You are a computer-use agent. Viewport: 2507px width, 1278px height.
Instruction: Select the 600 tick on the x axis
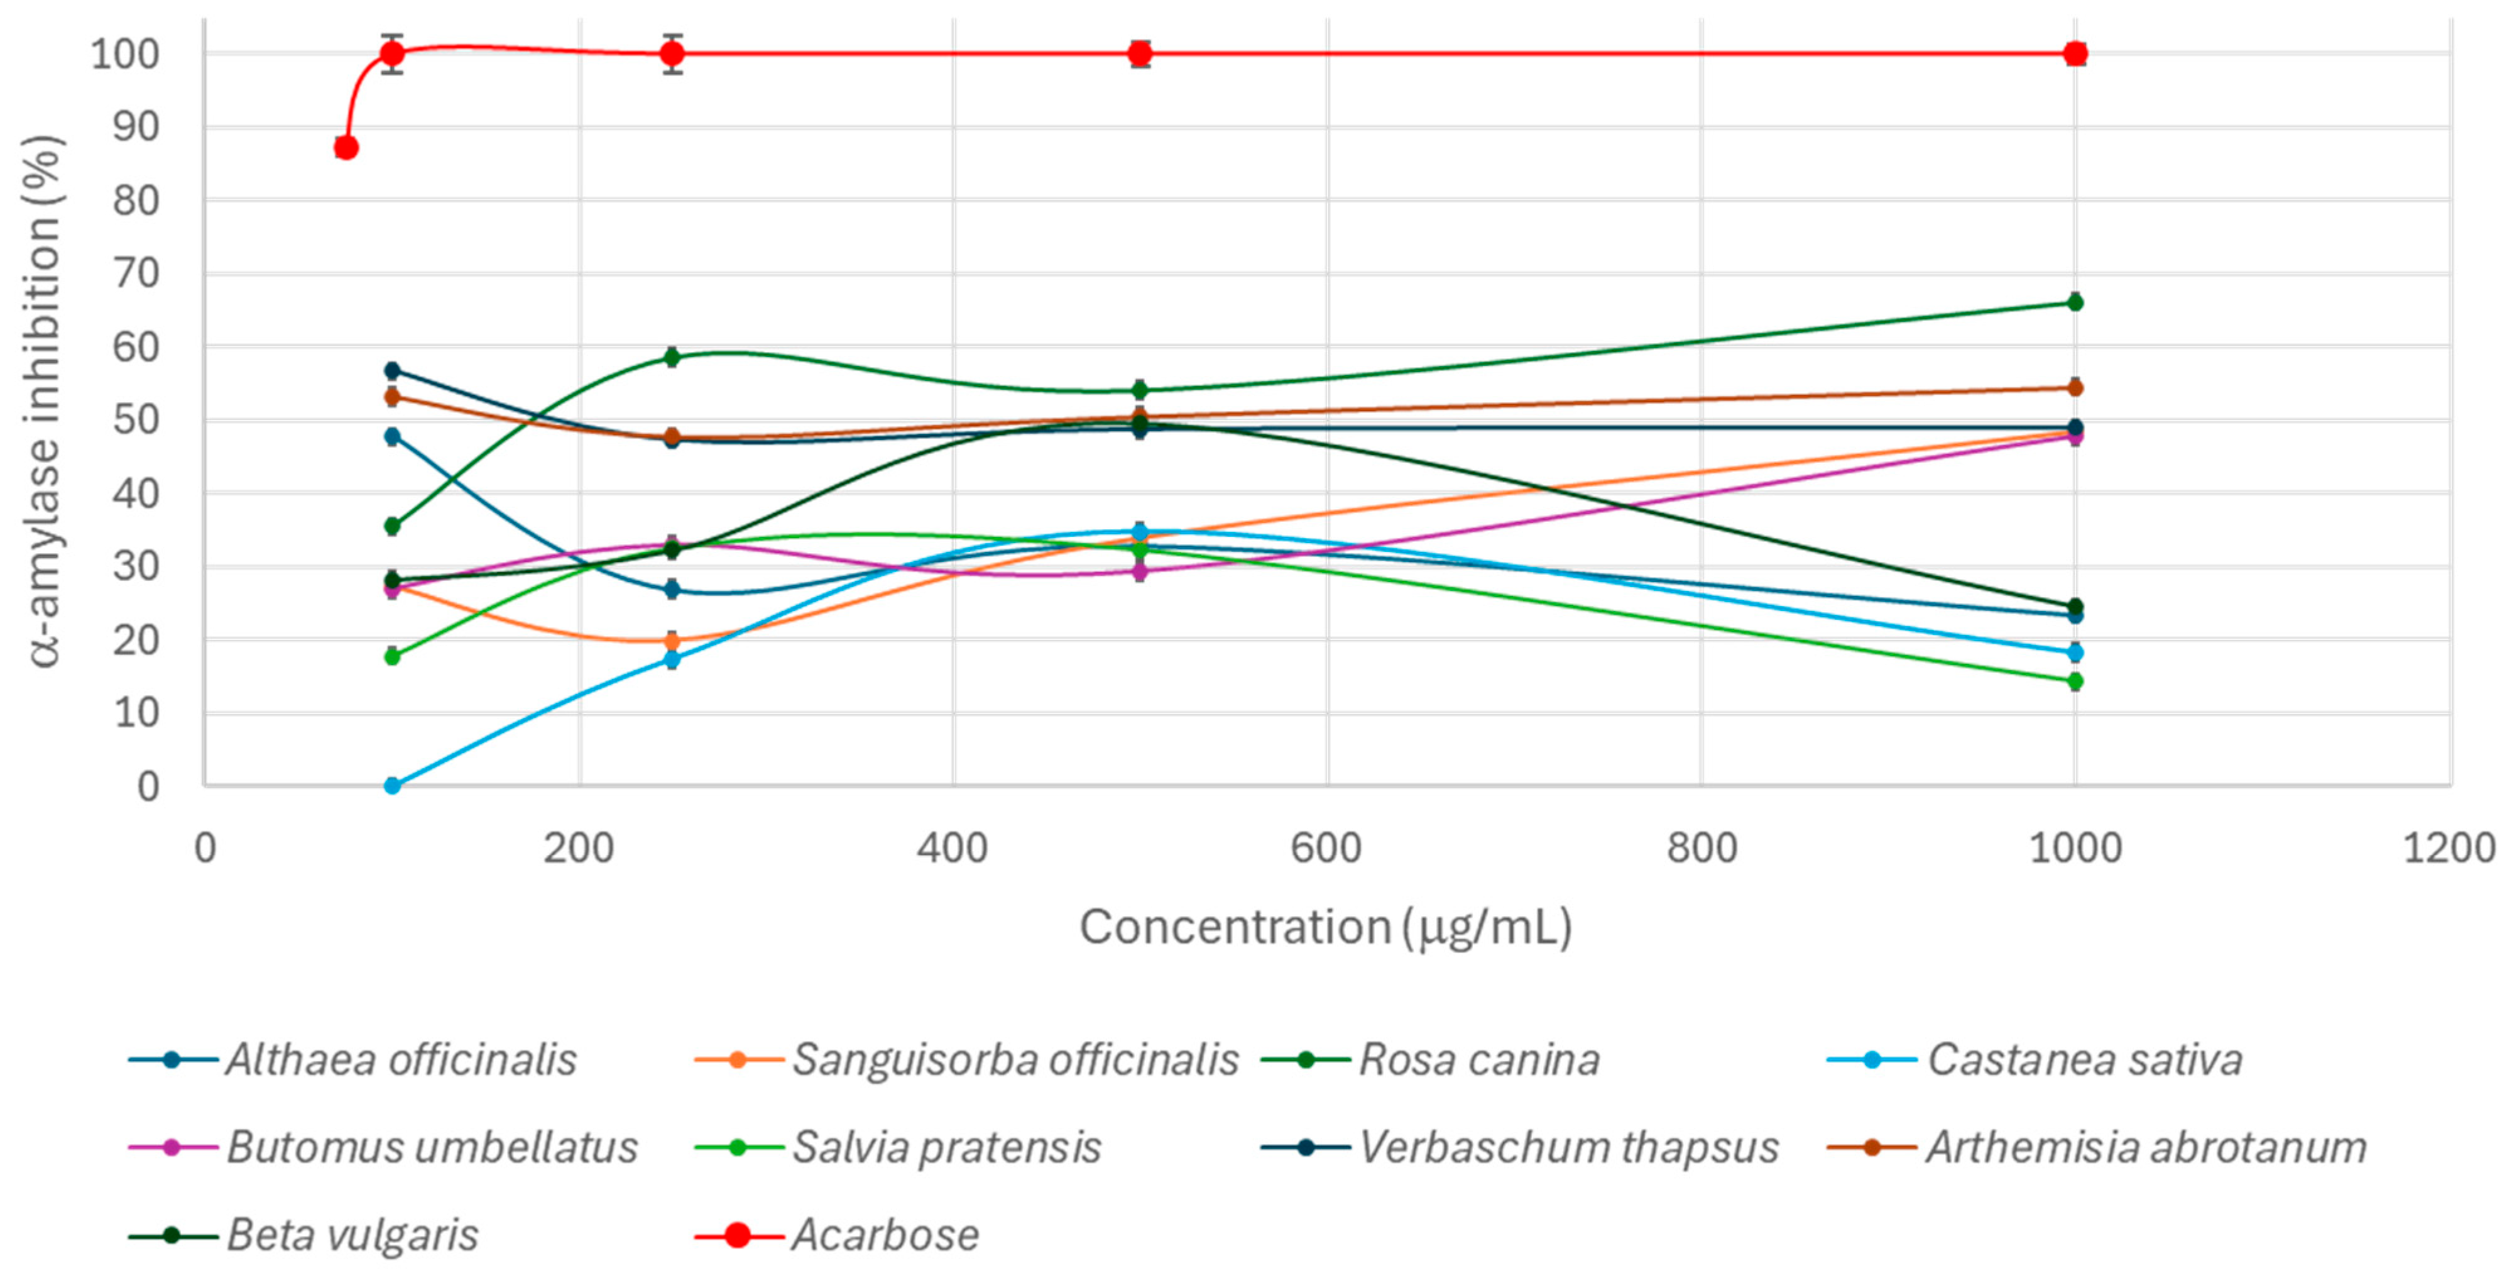point(1326,848)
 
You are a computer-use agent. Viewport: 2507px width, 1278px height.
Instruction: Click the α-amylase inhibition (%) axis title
point(45,399)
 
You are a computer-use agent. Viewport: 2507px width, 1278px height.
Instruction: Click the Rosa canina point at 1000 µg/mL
point(2075,303)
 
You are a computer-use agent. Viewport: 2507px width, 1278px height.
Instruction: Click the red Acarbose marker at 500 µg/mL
point(1140,53)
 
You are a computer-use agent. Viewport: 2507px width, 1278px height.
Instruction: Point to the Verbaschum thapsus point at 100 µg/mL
point(392,371)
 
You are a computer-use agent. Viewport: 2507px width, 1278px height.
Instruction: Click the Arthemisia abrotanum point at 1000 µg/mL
point(2075,387)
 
